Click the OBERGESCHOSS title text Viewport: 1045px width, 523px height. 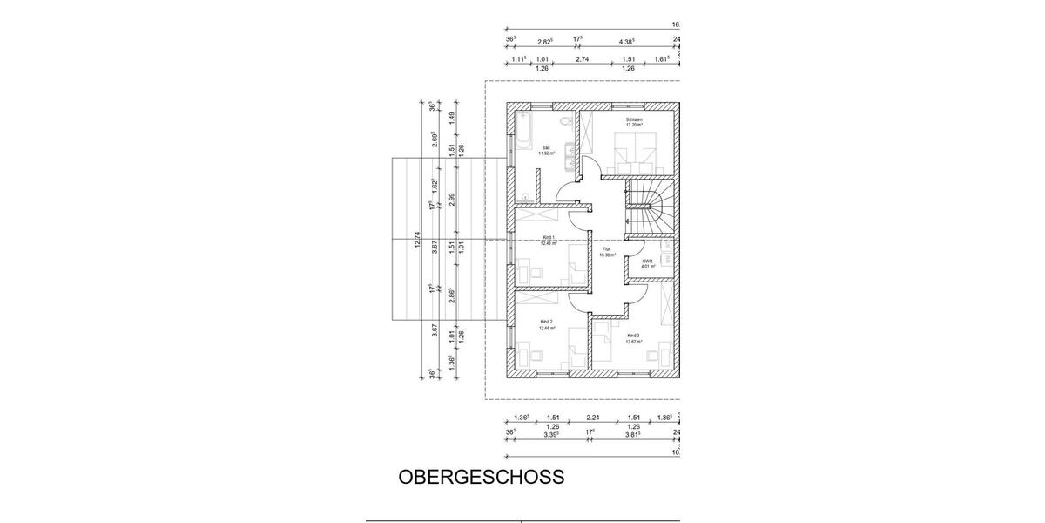click(x=482, y=478)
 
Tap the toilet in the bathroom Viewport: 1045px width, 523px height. click(x=564, y=120)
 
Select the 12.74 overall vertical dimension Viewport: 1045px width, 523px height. click(x=418, y=239)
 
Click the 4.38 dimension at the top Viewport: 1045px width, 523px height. click(x=625, y=41)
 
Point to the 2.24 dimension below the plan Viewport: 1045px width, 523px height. click(x=594, y=418)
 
